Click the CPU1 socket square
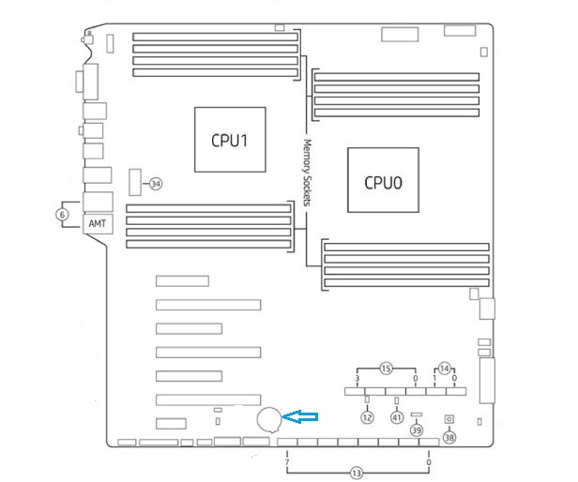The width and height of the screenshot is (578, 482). click(230, 140)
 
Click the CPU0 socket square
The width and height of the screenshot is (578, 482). click(383, 181)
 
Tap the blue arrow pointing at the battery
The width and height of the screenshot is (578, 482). click(301, 417)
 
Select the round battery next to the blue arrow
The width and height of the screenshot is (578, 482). click(270, 418)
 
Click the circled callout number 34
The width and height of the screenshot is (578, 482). click(157, 184)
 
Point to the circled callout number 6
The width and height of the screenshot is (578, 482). click(63, 214)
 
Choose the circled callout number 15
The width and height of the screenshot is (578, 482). click(387, 368)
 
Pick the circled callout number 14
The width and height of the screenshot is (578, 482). click(445, 368)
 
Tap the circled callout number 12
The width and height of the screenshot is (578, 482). click(367, 416)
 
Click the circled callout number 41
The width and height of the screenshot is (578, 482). click(397, 416)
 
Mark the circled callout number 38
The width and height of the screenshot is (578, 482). click(449, 437)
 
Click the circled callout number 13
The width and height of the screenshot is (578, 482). click(357, 474)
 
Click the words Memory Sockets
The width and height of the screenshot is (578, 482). click(307, 173)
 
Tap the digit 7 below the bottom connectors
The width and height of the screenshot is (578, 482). click(286, 462)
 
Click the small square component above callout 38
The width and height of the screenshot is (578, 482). click(449, 419)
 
